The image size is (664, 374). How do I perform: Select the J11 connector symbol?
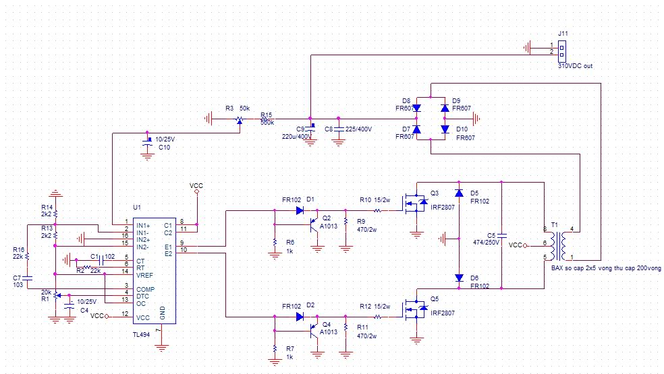pyautogui.click(x=561, y=49)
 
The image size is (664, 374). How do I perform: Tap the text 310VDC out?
pyautogui.click(x=575, y=66)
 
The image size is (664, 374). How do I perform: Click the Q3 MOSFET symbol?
pyautogui.click(x=418, y=201)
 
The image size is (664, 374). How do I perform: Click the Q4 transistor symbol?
pyautogui.click(x=315, y=330)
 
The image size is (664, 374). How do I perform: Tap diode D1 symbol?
pyautogui.click(x=300, y=210)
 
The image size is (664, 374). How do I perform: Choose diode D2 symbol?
pyautogui.click(x=300, y=316)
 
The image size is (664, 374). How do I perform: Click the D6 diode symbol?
pyautogui.click(x=460, y=277)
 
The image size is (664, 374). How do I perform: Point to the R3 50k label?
pyautogui.click(x=238, y=108)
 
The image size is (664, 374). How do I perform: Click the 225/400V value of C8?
pyautogui.click(x=358, y=129)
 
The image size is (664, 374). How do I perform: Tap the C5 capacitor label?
pyautogui.click(x=491, y=236)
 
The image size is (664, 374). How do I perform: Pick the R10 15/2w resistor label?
pyautogui.click(x=375, y=200)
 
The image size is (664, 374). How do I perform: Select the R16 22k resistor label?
pyautogui.click(x=19, y=253)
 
